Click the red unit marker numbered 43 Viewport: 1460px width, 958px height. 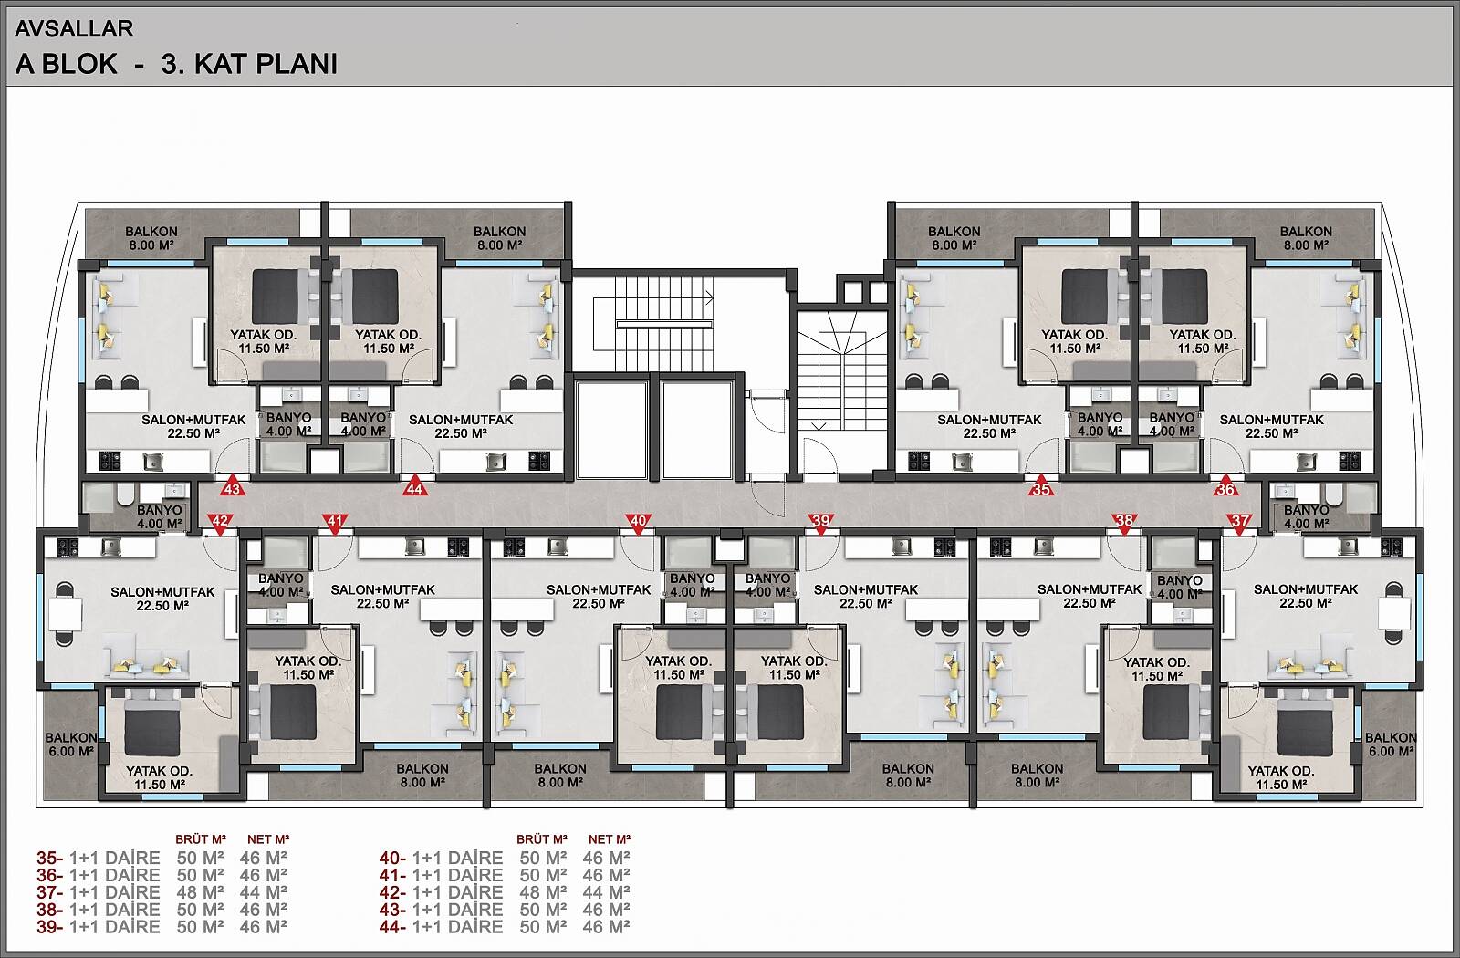tap(233, 487)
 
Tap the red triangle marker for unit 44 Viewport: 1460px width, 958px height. tap(415, 487)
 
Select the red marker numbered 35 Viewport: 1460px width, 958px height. tap(1041, 487)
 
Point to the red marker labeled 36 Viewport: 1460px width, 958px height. tap(1226, 487)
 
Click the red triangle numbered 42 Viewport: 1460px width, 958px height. tap(220, 523)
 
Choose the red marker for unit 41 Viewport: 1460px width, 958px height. tap(335, 523)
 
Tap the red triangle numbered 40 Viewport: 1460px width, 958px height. tap(639, 523)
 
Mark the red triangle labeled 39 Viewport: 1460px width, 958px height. tap(821, 523)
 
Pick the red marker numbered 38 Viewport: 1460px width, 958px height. tap(1124, 523)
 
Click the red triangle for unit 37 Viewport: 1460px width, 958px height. tap(1239, 523)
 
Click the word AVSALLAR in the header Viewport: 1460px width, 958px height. tap(74, 28)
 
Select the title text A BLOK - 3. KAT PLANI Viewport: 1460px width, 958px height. tap(176, 64)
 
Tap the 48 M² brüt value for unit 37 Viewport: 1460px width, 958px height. tap(200, 892)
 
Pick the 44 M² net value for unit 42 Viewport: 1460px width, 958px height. tap(606, 892)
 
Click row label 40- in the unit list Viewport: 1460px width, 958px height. tap(392, 859)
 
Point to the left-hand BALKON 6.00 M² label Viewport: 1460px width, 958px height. tap(70, 745)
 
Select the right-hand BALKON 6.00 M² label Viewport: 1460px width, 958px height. tap(1391, 745)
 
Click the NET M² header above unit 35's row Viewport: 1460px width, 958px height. tap(268, 839)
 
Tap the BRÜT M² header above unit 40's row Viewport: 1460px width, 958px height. tap(542, 839)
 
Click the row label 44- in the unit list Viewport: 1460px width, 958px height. tap(392, 927)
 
